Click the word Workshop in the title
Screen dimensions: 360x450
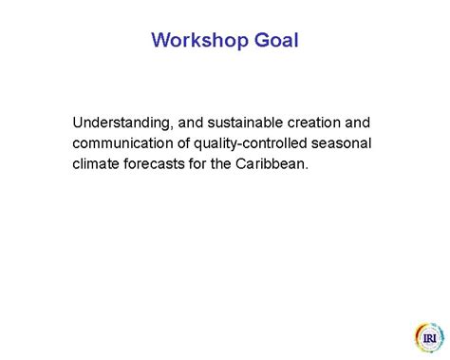click(x=197, y=41)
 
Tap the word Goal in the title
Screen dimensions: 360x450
click(x=275, y=41)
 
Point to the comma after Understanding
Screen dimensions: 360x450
click(x=171, y=127)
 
